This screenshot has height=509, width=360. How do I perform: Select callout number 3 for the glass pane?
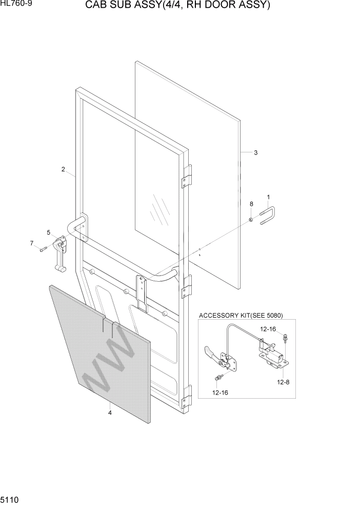coord(256,152)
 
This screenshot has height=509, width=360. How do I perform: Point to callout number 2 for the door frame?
coord(63,169)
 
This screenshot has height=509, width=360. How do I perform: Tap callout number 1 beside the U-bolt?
coord(268,197)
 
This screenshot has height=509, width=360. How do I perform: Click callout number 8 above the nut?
coord(251,204)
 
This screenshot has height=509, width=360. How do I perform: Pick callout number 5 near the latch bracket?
coord(49,232)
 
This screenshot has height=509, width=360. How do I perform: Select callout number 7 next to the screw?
coord(32,243)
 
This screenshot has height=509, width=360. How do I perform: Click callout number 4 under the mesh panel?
coord(109,412)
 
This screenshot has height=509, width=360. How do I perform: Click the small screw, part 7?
coord(43,249)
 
